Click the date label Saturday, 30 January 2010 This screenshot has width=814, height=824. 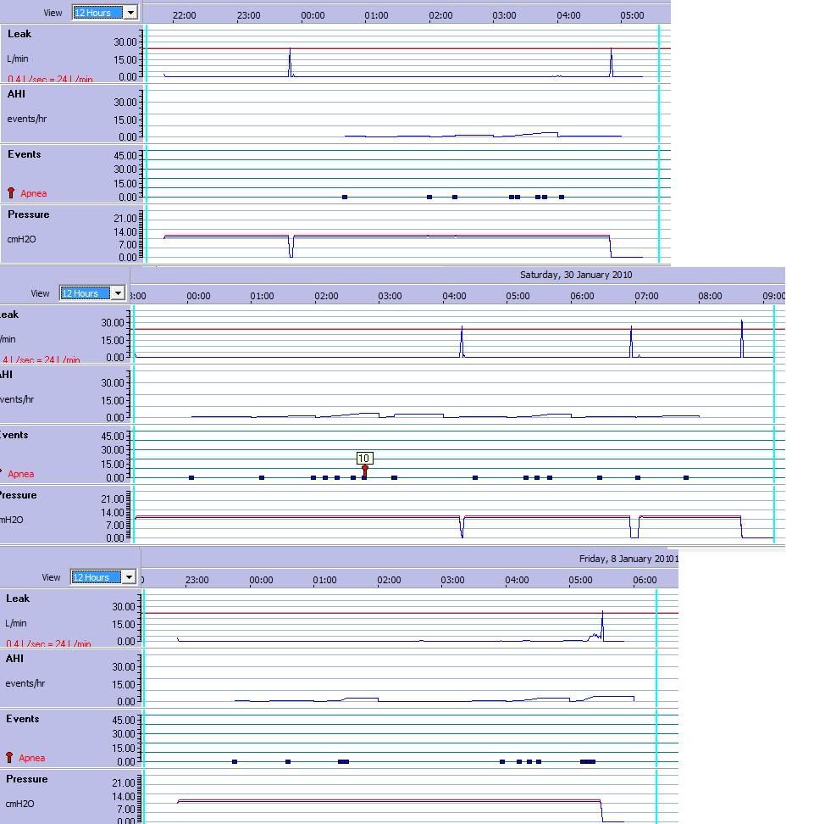tap(576, 275)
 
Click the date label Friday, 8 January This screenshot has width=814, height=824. tap(628, 559)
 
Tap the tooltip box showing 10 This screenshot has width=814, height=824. tap(364, 458)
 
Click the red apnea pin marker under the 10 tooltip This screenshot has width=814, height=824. tap(365, 470)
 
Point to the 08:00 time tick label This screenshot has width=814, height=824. tap(710, 296)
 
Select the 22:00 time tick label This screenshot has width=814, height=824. tap(184, 15)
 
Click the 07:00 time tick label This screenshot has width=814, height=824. tap(646, 296)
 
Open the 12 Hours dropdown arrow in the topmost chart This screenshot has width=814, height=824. tap(130, 13)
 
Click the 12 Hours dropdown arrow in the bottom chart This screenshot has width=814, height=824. tap(129, 577)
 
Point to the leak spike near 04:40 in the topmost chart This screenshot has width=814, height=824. tap(612, 61)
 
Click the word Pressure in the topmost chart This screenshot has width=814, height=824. tap(29, 214)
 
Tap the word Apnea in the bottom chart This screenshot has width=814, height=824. tap(32, 758)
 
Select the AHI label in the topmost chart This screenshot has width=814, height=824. tap(16, 94)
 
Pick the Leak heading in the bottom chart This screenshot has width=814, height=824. tap(18, 599)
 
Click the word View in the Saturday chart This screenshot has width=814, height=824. tap(40, 293)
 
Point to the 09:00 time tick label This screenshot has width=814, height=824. tap(772, 296)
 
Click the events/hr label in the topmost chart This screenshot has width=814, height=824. tap(26, 119)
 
